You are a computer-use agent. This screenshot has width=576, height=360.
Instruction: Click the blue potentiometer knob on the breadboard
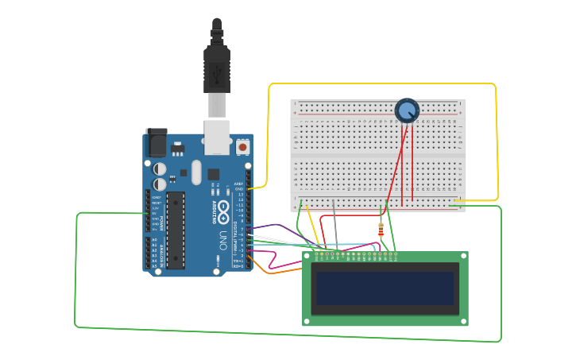tap(407, 110)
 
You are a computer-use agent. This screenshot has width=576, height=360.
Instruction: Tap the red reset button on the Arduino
tap(242, 147)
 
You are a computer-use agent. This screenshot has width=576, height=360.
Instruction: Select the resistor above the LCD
tap(381, 230)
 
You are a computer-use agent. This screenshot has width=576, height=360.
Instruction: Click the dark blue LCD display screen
tap(385, 289)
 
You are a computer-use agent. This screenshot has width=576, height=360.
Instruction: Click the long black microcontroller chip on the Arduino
tap(176, 230)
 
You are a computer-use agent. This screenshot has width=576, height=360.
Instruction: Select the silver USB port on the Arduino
tap(218, 136)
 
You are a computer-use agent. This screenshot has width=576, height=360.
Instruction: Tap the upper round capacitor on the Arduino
tap(160, 168)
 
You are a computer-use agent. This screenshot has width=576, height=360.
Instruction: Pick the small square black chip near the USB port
tap(214, 174)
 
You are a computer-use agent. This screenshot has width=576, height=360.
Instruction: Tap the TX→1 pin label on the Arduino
tap(238, 261)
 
